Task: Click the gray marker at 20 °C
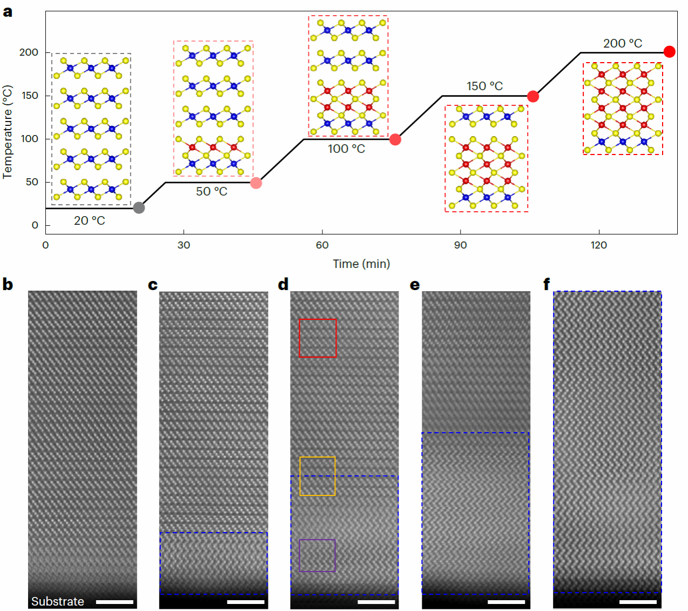click(139, 207)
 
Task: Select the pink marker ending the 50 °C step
click(256, 183)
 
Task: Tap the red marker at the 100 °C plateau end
click(395, 139)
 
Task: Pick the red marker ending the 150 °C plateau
click(533, 96)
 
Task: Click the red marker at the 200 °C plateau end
click(669, 52)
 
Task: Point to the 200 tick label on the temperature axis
click(29, 52)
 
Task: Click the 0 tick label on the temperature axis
click(35, 225)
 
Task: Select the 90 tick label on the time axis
click(460, 245)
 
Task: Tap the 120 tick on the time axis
click(598, 245)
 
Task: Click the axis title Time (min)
click(361, 264)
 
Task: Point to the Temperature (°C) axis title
click(8, 132)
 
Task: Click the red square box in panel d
click(318, 338)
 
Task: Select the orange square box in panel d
click(318, 476)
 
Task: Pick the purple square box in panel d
click(318, 555)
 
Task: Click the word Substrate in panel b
click(58, 601)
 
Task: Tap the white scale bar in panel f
click(638, 601)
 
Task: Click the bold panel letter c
click(153, 285)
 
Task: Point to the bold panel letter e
click(415, 285)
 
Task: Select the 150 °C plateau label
click(484, 86)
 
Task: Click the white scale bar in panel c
click(246, 602)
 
